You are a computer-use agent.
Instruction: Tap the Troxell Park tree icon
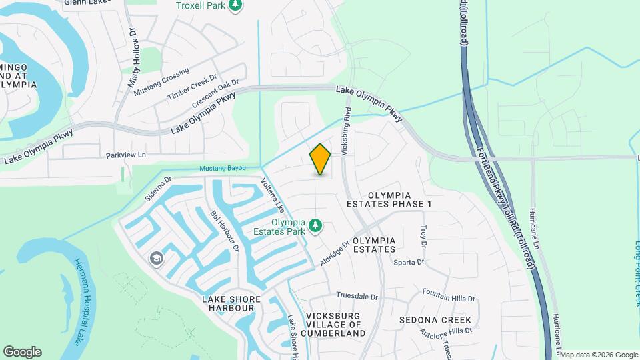(235, 6)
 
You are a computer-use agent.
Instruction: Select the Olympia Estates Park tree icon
(316, 227)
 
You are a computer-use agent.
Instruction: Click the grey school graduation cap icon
(157, 259)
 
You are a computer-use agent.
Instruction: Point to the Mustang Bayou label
(224, 168)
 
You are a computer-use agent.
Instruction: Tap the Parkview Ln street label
(125, 155)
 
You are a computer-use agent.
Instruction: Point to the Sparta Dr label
(409, 262)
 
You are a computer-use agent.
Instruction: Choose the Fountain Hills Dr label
(449, 295)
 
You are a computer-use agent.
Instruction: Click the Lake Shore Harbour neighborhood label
(228, 303)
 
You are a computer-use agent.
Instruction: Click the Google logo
(22, 351)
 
